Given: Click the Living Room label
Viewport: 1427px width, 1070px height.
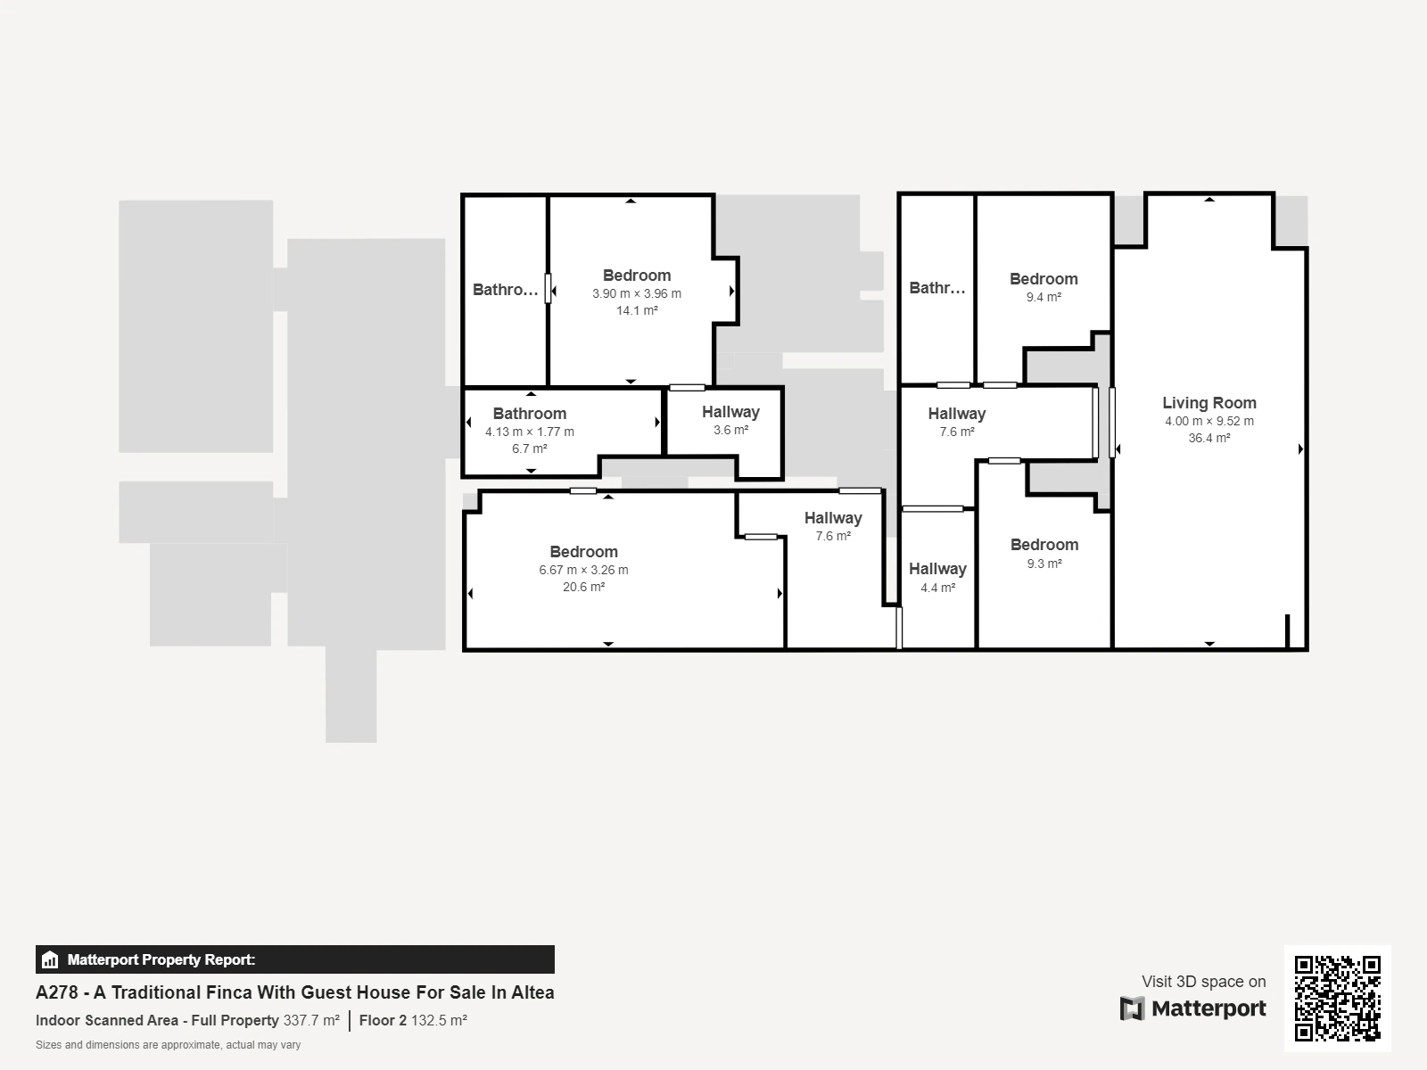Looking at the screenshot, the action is coord(1209,403).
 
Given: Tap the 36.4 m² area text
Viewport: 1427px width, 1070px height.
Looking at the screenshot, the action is coord(1209,438).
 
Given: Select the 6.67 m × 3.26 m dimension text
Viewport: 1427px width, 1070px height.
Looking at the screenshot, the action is coord(583,570).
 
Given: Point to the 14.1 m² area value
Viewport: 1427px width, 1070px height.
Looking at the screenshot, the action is coord(637,310).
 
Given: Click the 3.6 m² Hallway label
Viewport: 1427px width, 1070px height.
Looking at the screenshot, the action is coord(730,412).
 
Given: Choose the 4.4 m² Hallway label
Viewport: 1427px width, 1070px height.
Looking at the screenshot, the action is coord(937,569).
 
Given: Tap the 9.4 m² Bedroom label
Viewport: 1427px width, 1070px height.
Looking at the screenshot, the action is coord(1043,279).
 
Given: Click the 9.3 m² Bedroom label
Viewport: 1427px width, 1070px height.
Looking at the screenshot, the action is coord(1044,545).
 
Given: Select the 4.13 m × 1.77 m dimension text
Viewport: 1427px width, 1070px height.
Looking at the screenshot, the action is coord(529,432).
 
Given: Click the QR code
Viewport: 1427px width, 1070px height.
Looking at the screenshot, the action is coord(1337,998).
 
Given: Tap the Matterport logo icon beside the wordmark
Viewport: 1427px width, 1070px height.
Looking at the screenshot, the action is coord(1132,1008).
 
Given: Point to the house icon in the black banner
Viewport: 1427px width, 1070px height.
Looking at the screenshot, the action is coord(50,959).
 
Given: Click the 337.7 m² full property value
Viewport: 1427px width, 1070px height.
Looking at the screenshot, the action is coord(311,1020).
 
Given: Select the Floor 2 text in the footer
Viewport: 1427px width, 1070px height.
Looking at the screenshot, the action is coord(383,1020).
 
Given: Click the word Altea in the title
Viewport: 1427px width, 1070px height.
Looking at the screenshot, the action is coord(532,992).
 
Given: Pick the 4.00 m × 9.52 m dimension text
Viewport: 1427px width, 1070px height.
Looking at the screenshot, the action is coord(1209,421).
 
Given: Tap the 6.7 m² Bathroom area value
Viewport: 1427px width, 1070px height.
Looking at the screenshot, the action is coord(529,449).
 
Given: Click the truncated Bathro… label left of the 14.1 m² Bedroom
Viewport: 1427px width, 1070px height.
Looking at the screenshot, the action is coord(505,290).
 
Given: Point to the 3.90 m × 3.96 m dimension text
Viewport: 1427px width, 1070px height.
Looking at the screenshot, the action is coord(637,293).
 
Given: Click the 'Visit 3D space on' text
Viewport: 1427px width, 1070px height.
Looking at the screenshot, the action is coord(1204,982).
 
